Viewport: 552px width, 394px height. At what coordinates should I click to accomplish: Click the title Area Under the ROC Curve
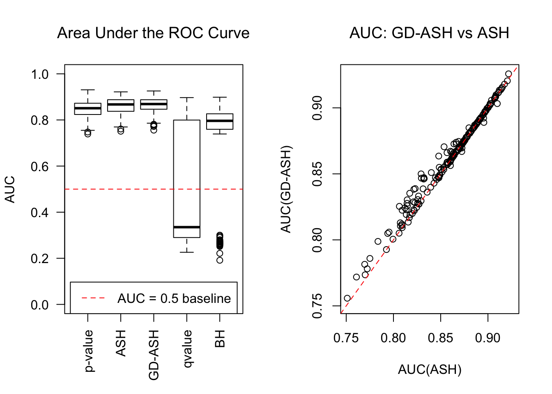tap(153, 33)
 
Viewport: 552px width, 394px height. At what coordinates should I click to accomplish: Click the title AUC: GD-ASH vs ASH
tap(429, 33)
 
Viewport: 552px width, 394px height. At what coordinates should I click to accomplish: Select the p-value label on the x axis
tap(89, 351)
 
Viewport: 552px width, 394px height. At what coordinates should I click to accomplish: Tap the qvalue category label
tap(187, 349)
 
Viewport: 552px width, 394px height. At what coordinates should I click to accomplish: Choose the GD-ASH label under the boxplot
tap(154, 355)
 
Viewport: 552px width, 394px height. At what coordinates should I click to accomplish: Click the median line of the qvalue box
tap(187, 227)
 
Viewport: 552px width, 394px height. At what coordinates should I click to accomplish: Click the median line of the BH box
tap(220, 121)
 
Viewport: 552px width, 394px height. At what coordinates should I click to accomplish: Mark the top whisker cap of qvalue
tap(187, 98)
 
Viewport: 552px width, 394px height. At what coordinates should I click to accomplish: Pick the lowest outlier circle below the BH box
tap(220, 260)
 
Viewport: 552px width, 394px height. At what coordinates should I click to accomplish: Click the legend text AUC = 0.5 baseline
tap(174, 298)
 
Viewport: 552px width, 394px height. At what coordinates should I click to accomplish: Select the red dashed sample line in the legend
tap(94, 298)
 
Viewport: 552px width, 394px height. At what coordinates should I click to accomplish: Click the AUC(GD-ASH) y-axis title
tap(286, 189)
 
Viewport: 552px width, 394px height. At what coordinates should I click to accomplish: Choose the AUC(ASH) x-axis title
tap(430, 370)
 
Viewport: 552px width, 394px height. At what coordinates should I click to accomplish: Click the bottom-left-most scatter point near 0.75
tap(347, 298)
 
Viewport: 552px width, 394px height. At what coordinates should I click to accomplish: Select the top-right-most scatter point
tap(508, 74)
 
